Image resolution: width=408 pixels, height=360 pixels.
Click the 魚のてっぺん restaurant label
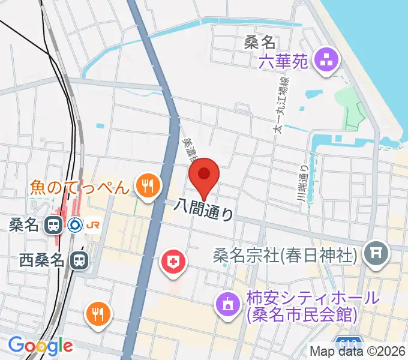(x=80, y=188)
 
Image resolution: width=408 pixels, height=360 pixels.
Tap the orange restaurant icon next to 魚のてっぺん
(x=146, y=185)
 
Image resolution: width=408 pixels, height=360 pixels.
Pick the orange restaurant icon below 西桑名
(x=97, y=314)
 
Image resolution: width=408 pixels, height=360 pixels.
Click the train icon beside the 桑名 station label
(x=53, y=225)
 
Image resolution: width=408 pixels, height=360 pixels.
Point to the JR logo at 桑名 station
(x=93, y=225)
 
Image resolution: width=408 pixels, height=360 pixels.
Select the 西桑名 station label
(x=41, y=260)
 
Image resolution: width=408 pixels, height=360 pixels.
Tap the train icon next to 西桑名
(x=78, y=260)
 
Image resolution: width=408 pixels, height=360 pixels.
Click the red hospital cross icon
(x=173, y=262)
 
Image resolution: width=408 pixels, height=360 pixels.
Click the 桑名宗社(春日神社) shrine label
(x=286, y=255)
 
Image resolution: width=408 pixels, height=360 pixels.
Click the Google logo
(x=40, y=346)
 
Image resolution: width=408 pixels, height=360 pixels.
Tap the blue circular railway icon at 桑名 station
(x=74, y=225)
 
